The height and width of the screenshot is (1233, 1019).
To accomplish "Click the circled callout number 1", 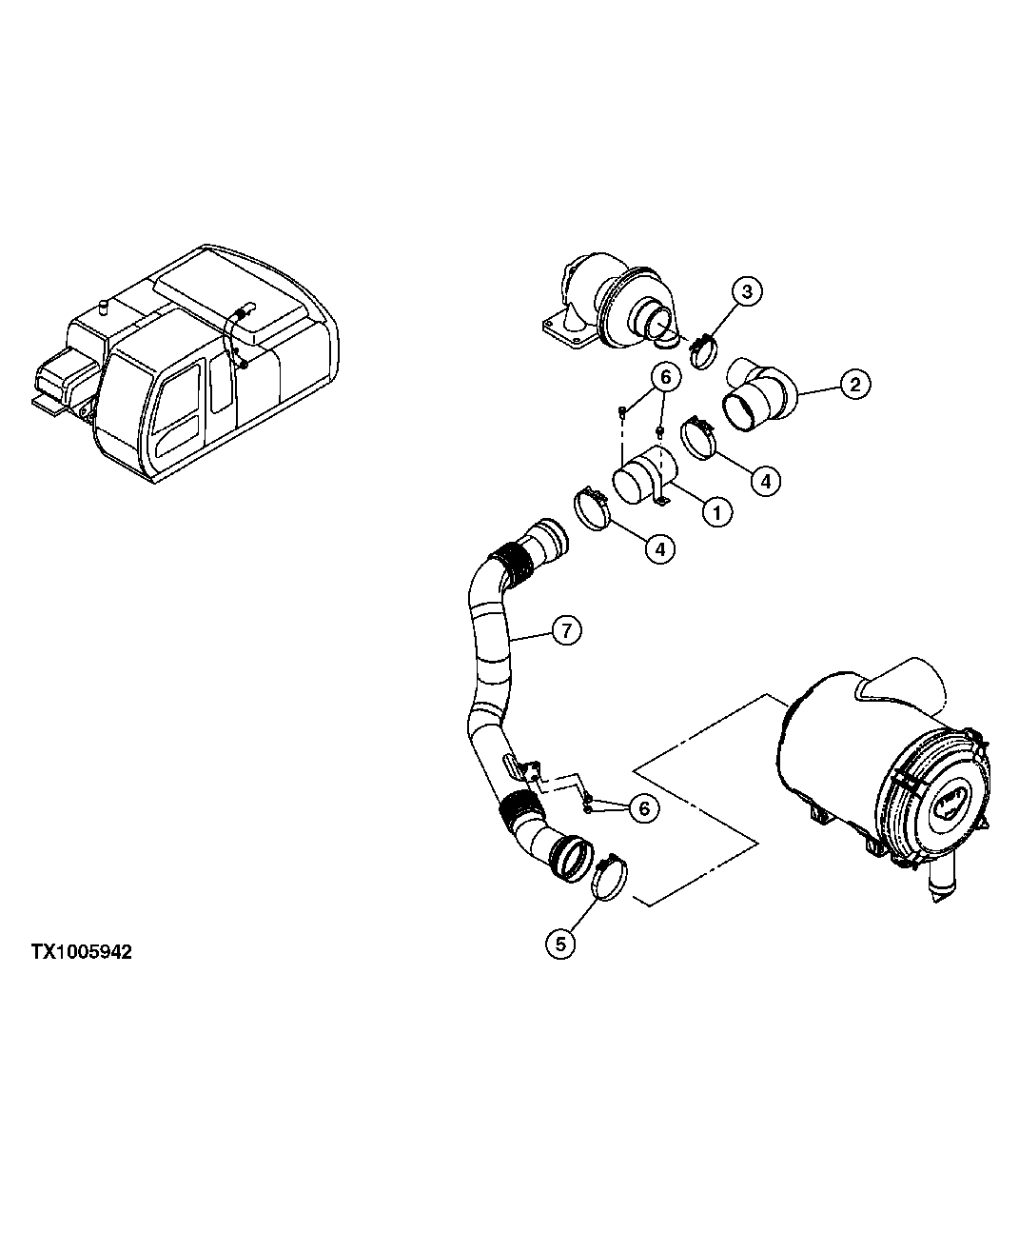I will [716, 511].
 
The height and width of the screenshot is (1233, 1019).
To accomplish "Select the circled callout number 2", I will [854, 384].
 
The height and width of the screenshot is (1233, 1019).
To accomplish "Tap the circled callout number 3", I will [747, 291].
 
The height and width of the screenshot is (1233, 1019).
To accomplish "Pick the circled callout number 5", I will [560, 943].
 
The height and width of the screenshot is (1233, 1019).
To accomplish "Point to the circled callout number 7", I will [565, 629].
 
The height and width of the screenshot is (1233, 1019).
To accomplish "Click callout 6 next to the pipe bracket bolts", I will [643, 808].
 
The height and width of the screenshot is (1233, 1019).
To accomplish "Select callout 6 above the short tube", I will [665, 378].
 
